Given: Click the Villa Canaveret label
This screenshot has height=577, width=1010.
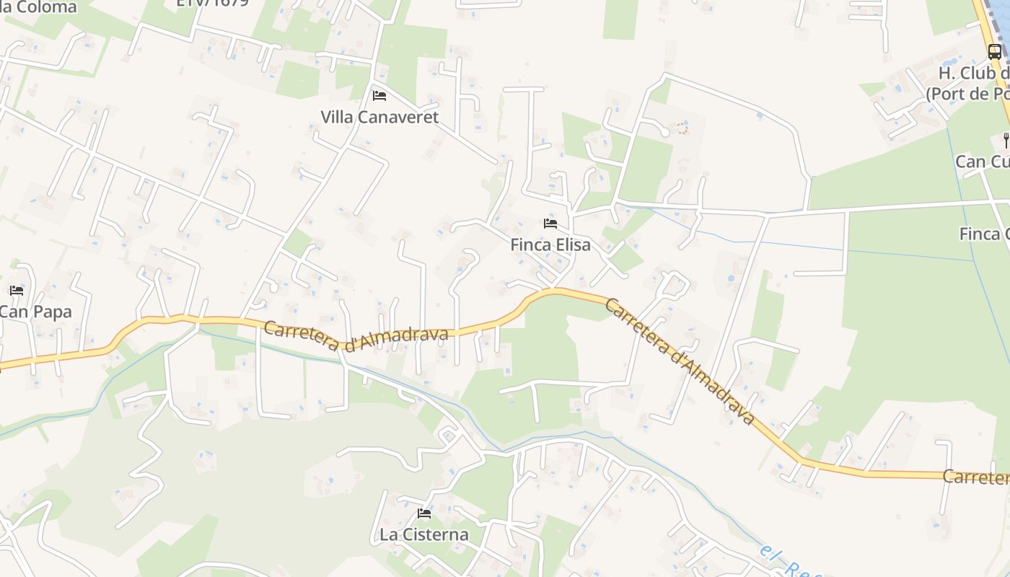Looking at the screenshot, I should coord(379,117).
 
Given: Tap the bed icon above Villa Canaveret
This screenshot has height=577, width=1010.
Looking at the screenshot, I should coord(379,95).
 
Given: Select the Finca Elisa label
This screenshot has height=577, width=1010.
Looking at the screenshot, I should coord(550,245).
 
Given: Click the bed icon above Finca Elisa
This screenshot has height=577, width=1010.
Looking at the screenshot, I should coord(550,224).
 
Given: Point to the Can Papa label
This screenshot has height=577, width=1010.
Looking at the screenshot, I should coord(35,312).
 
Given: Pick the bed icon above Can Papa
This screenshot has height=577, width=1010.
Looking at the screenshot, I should coord(17,291).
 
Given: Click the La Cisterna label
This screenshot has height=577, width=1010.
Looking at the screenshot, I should coord(424,534).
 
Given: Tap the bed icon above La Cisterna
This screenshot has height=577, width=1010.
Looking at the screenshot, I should coord(424,514).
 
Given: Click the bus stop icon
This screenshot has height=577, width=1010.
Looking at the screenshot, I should coord(995,51).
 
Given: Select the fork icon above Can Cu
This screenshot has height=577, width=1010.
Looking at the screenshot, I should coord(1006,140).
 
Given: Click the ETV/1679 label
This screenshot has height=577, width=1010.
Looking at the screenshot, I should coord(213,3).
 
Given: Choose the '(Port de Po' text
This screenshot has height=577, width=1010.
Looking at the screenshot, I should coord(967,94).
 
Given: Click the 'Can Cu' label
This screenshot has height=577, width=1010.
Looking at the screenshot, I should coord(982,162).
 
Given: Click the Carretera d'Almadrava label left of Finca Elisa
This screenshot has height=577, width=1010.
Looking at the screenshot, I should coord(356,335).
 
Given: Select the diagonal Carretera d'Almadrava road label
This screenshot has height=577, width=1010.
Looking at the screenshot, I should coord(680,361).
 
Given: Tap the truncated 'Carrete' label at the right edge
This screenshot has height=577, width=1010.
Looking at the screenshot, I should coord(975,477).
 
